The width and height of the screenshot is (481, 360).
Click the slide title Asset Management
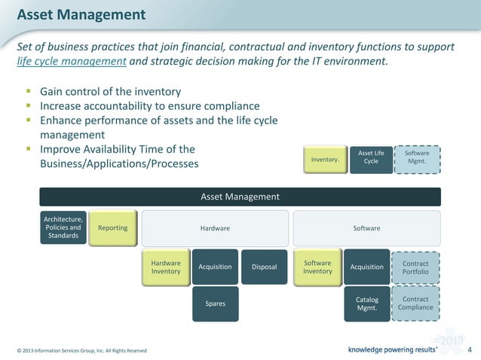[81, 14]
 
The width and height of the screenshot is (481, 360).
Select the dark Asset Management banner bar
[240, 197]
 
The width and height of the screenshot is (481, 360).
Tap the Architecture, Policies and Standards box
[63, 227]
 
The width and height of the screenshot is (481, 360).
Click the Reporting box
[113, 228]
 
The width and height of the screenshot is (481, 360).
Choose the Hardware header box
[215, 228]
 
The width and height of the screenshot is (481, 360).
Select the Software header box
[366, 228]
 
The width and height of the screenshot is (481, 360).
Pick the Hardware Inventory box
[166, 267]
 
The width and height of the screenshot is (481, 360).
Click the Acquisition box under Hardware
[215, 267]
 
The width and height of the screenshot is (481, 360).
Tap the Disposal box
[264, 267]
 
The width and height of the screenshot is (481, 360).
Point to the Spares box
[215, 304]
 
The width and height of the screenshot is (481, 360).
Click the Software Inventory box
[317, 267]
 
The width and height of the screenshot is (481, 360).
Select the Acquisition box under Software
[367, 267]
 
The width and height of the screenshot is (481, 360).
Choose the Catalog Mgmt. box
[367, 304]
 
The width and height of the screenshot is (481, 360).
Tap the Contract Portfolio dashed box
[416, 267]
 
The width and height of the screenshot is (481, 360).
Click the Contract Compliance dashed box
[416, 304]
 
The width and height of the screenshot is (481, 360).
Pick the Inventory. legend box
[325, 160]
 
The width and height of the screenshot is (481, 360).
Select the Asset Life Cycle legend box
[371, 160]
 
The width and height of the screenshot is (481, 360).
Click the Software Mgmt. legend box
[417, 158]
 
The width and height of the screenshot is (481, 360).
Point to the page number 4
[470, 349]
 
